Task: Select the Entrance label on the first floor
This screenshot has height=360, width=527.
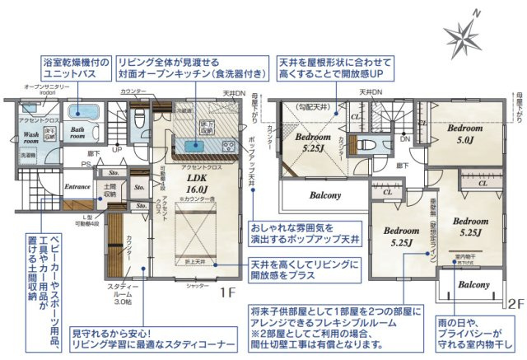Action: pos(77,187)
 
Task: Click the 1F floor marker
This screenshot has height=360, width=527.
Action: pos(229,292)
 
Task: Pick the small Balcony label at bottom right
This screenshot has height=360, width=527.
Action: pos(474,283)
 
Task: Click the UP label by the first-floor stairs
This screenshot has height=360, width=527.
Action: pos(118,150)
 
